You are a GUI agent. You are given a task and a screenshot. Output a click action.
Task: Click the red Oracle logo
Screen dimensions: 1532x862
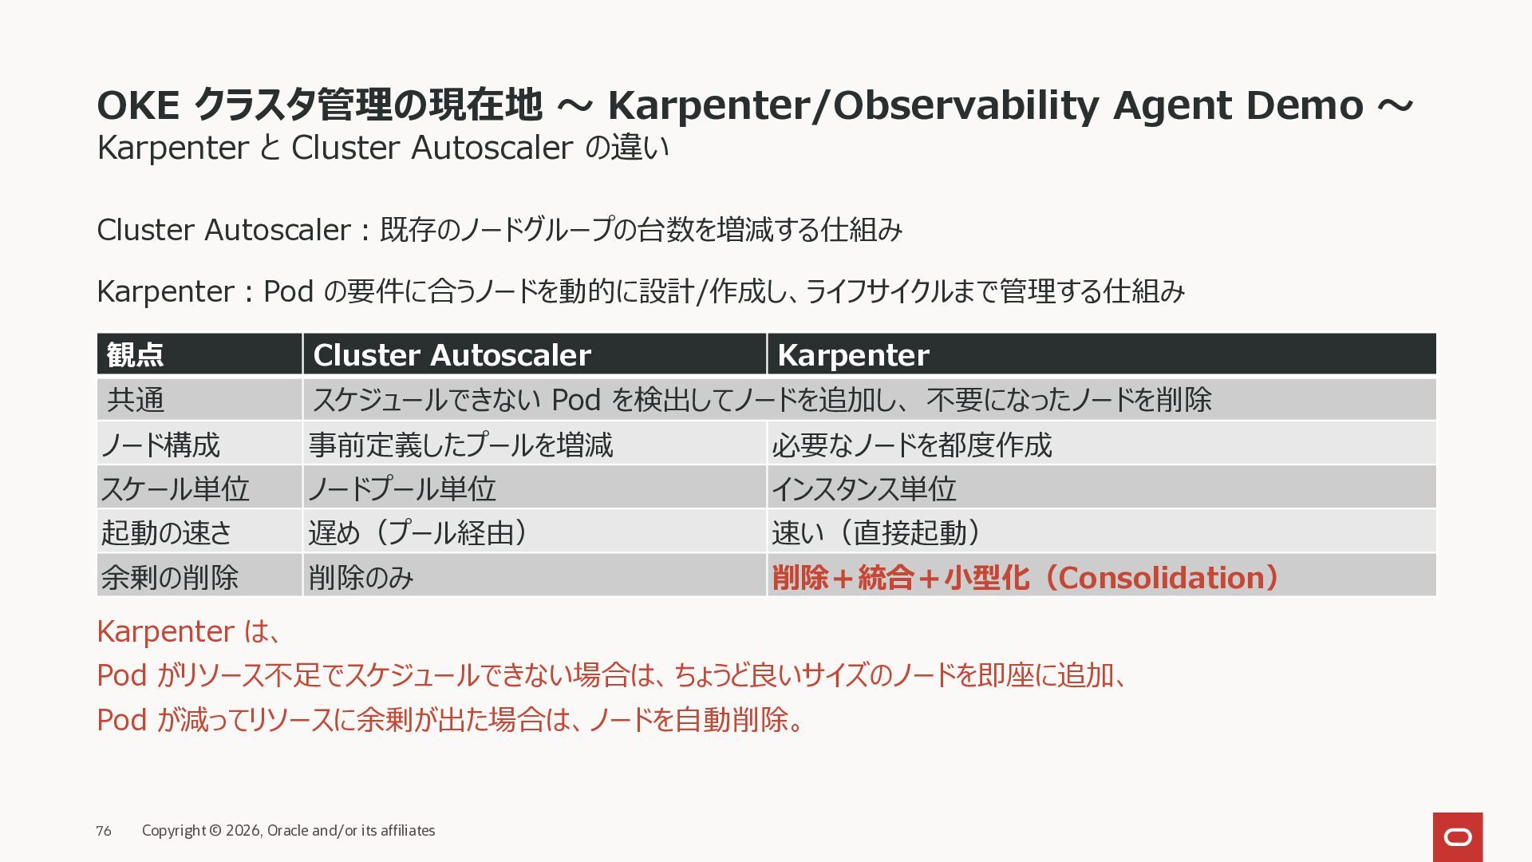1458,836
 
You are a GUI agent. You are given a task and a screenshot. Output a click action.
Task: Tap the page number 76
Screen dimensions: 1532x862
104,831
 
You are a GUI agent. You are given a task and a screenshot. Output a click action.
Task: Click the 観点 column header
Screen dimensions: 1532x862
135,354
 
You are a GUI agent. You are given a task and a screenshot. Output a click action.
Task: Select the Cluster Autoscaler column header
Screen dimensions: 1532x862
452,355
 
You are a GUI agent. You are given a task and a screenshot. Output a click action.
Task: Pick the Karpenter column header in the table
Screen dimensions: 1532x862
853,355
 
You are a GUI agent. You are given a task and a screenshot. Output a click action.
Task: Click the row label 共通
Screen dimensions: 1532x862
136,399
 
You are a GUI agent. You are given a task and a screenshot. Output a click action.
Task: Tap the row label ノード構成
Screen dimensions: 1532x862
160,445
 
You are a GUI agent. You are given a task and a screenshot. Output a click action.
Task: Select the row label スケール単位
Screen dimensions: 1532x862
176,488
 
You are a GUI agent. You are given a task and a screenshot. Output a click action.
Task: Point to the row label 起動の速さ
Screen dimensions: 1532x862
166,532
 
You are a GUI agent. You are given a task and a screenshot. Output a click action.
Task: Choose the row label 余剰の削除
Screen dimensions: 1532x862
170,577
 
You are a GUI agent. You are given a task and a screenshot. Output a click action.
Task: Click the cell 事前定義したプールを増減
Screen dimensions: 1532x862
460,445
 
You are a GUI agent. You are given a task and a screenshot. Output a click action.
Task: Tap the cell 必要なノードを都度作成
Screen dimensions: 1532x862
912,445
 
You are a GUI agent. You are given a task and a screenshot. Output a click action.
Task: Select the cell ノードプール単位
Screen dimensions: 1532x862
402,488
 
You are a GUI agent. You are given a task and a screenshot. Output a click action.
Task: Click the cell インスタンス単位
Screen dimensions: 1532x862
864,488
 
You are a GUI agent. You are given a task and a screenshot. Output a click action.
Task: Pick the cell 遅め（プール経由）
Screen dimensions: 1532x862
418,532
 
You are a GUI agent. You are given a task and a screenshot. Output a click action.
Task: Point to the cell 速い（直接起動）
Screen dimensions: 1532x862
876,532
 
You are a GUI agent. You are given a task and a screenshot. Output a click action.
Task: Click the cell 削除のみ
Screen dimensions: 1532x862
361,577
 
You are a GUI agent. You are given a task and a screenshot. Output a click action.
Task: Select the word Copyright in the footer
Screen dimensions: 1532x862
174,831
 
